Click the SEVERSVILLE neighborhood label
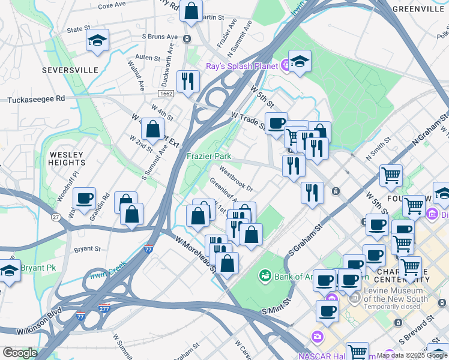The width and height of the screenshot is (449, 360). [x=70, y=70]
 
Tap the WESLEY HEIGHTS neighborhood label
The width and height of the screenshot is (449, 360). [x=67, y=158]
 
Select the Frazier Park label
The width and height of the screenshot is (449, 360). [x=209, y=156]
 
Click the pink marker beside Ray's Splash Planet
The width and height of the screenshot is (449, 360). [x=285, y=66]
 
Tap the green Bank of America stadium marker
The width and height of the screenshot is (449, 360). [x=264, y=276]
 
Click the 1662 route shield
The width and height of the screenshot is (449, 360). [x=166, y=94]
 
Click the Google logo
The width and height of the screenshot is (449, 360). [x=19, y=353]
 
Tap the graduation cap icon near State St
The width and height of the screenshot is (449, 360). [x=97, y=40]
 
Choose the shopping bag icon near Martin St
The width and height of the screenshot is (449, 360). [x=191, y=11]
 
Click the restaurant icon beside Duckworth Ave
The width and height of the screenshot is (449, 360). [x=188, y=81]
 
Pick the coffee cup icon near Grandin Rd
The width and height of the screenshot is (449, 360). [x=84, y=198]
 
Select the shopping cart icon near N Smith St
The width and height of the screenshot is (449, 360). [x=391, y=176]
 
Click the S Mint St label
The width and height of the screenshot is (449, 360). [x=276, y=310]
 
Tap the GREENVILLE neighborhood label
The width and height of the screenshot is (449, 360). [x=417, y=9]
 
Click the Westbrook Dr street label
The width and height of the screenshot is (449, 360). [x=236, y=178]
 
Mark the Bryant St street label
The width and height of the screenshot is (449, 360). [x=87, y=248]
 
